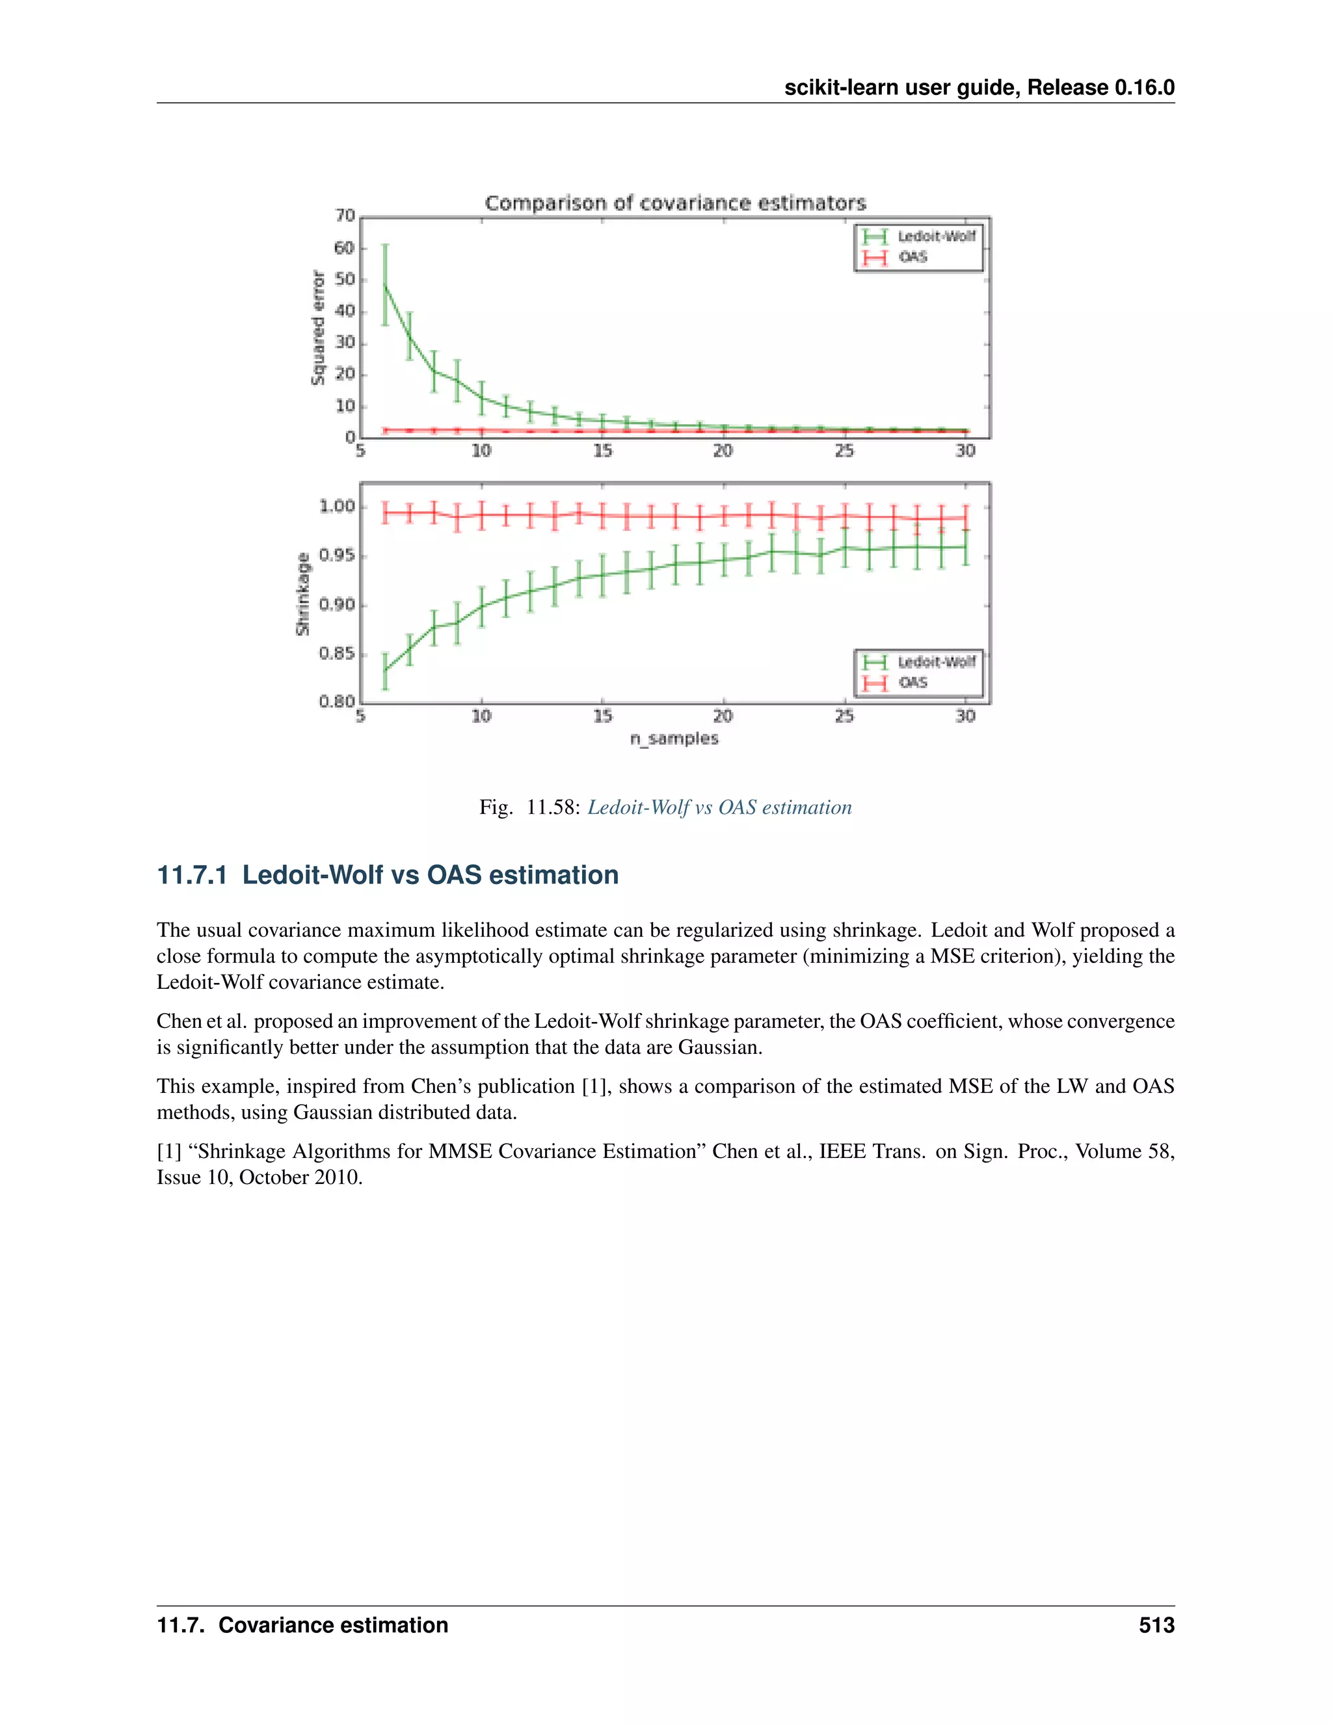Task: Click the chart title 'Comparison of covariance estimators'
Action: (x=674, y=203)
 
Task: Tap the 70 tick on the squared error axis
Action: (x=345, y=215)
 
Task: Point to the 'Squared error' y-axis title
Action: (x=318, y=328)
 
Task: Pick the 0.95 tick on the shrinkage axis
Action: (x=337, y=556)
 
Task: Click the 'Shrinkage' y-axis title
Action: (x=302, y=593)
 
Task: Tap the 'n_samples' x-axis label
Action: (x=674, y=739)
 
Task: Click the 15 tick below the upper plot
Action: (x=602, y=451)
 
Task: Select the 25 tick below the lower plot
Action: (x=844, y=716)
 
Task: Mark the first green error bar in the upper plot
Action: (x=385, y=284)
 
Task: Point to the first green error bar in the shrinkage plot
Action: (x=385, y=670)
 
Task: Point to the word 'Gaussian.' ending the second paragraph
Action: (x=720, y=1047)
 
